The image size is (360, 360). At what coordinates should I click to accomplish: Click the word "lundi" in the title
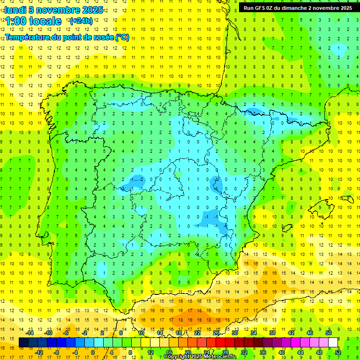[x=15, y=10]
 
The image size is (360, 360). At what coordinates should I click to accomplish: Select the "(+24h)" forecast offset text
[x=81, y=21]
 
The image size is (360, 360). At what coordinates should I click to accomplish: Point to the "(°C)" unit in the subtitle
[x=122, y=37]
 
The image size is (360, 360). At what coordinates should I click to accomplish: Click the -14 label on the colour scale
[x=30, y=333]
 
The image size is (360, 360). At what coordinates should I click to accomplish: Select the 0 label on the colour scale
[x=92, y=352]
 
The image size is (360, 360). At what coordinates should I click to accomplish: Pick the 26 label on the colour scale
[x=216, y=333]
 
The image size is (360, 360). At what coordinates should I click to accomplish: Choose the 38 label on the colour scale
[x=272, y=333]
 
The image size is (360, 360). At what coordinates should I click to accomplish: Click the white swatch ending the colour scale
[x=333, y=343]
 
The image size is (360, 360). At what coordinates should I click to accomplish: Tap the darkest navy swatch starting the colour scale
[x=24, y=343]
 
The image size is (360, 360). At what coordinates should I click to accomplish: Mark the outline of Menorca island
[x=347, y=199]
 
